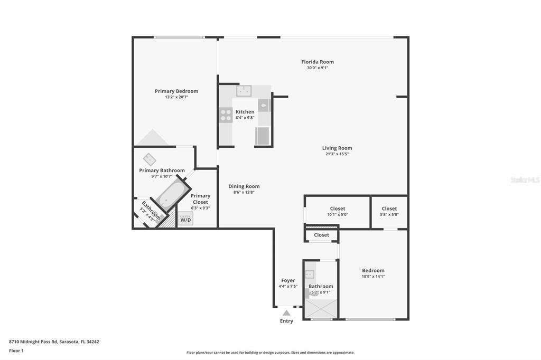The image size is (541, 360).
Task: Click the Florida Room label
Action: coord(318,62)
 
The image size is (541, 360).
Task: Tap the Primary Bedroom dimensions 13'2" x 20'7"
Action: coord(176,97)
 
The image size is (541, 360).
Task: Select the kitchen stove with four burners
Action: coord(226,115)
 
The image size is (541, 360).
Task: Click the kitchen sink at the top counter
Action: coord(244,91)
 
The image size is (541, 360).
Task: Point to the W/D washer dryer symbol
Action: coord(185,219)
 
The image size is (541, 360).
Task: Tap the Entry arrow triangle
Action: coord(286,313)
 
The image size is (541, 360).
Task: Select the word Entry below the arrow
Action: coord(286,321)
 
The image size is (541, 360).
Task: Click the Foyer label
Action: coord(288,280)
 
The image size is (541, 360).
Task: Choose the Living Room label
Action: coord(337,148)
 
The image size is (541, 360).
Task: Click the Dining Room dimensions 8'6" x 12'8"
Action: coord(244,192)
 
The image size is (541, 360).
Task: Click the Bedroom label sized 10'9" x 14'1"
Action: coord(373,270)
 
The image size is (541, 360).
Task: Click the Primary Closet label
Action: coord(200,199)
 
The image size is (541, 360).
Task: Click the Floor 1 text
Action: coord(16,350)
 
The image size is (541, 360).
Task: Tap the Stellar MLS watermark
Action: coord(525,180)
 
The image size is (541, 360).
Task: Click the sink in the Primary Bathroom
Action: coord(150,159)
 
